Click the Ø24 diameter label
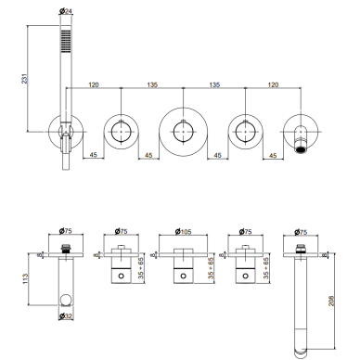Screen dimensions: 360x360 65,11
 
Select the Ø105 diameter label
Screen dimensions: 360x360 183,231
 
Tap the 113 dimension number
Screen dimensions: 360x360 25,279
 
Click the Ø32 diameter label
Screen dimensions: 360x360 65,316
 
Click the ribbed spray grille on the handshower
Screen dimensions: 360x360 66,40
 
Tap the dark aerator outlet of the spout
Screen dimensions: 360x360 301,150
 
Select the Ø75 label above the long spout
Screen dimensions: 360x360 301,231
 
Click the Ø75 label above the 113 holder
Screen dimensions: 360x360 65,231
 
